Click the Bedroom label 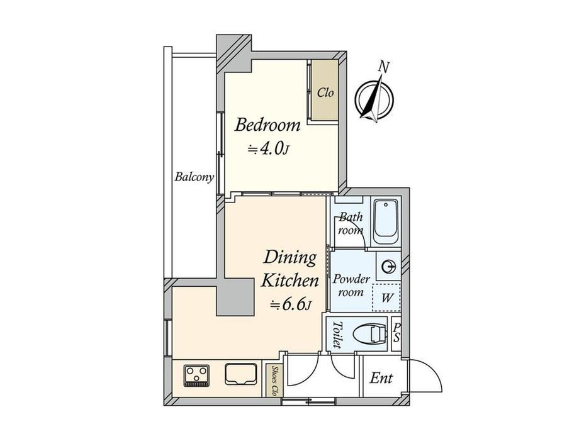pyautogui.click(x=267, y=125)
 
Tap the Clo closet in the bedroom pyautogui.click(x=325, y=90)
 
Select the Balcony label pyautogui.click(x=194, y=177)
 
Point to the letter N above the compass pyautogui.click(x=384, y=67)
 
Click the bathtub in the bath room pyautogui.click(x=386, y=222)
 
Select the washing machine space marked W pyautogui.click(x=386, y=298)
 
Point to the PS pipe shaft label pyautogui.click(x=396, y=333)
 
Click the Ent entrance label pyautogui.click(x=381, y=378)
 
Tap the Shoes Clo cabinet pyautogui.click(x=274, y=381)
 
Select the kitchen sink pyautogui.click(x=241, y=374)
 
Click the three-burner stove pyautogui.click(x=197, y=376)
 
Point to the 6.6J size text pyautogui.click(x=291, y=304)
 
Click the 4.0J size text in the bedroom pyautogui.click(x=268, y=149)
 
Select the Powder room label pyautogui.click(x=351, y=286)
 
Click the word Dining pyautogui.click(x=290, y=258)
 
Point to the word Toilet pyautogui.click(x=337, y=335)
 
